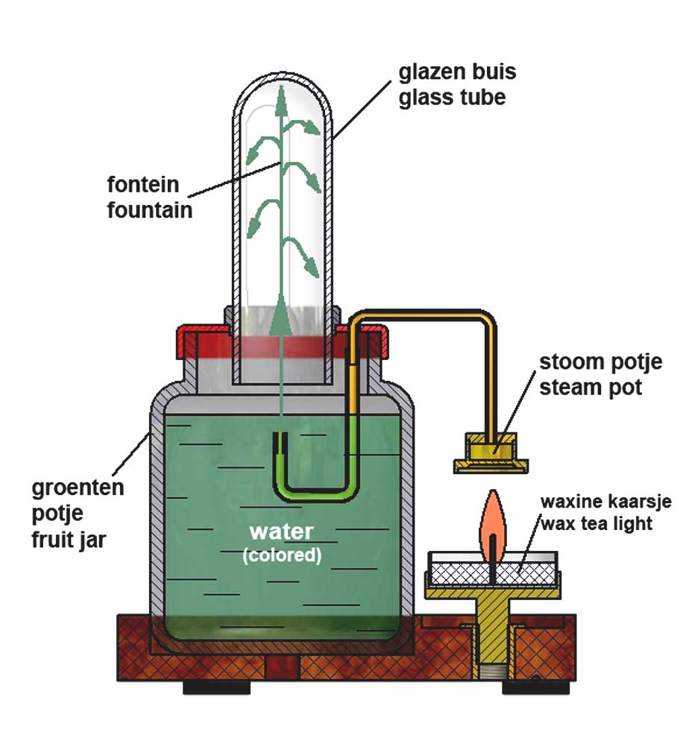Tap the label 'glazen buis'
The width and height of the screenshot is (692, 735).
coord(456,73)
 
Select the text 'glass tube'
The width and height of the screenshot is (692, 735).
coord(452,97)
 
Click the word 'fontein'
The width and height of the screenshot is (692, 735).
coord(148,183)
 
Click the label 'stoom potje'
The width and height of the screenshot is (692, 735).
coord(601,363)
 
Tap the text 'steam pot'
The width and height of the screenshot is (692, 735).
coord(591,388)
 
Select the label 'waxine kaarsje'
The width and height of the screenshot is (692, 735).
coord(605,501)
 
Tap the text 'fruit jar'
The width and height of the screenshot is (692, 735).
coord(69,538)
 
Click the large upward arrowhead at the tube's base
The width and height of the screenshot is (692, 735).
coord(281,312)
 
